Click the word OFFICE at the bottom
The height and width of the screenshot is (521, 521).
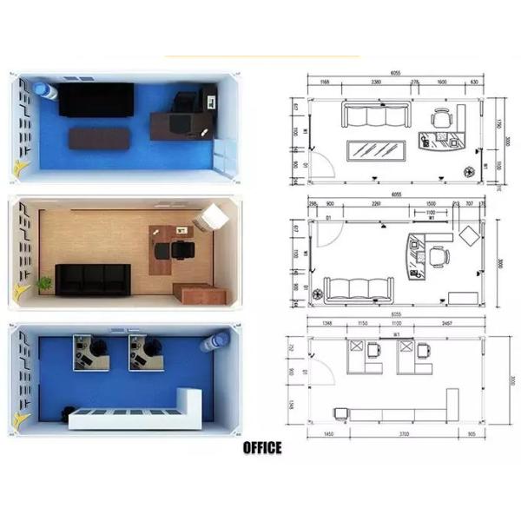click(x=261, y=448)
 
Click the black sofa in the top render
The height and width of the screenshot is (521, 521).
click(x=96, y=99)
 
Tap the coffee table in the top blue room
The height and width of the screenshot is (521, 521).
click(x=97, y=137)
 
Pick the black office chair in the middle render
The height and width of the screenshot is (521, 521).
click(x=183, y=251)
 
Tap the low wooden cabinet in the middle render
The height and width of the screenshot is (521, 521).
click(x=194, y=293)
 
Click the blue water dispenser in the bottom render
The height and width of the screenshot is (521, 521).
click(x=210, y=340)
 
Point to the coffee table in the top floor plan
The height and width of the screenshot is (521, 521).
click(x=379, y=149)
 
